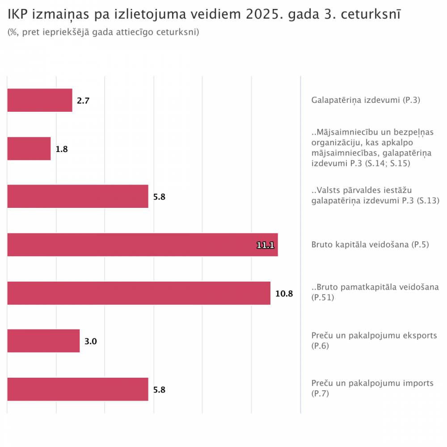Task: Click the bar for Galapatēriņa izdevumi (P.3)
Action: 40,100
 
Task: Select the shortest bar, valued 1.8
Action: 29,148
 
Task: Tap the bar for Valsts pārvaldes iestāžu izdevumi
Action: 78,196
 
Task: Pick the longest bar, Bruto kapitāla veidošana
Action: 143,245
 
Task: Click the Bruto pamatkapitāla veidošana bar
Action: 139,293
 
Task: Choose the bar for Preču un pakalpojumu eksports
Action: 43,341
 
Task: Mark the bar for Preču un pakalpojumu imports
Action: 78,389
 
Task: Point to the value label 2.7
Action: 83,101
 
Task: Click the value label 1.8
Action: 62,149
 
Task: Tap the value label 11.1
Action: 265,245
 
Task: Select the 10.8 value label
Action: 284,293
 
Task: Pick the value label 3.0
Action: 91,342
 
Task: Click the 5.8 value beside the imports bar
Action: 159,390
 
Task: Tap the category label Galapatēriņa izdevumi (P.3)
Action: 366,100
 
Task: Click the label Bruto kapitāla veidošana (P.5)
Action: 370,245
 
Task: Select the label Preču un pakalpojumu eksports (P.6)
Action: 374,340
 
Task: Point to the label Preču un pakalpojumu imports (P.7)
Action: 372,388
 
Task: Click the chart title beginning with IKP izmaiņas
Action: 204,14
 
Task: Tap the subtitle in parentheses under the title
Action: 103,32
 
